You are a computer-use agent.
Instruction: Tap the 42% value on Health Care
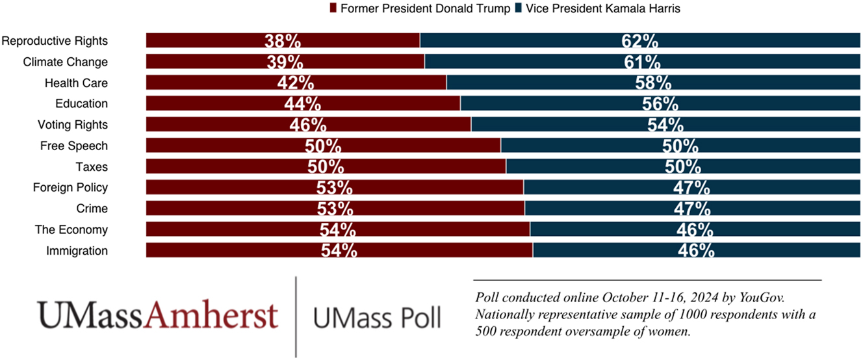296,83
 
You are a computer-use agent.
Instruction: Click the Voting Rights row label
73,125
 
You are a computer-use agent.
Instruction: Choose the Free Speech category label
74,146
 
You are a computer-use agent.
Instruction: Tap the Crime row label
91,209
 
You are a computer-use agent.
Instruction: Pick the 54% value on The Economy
337,230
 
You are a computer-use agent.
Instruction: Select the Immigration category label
77,251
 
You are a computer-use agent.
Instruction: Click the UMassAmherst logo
157,315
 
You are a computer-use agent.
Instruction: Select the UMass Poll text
376,317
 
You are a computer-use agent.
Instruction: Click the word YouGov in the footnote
764,298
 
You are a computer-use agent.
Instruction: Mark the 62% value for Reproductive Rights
640,41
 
